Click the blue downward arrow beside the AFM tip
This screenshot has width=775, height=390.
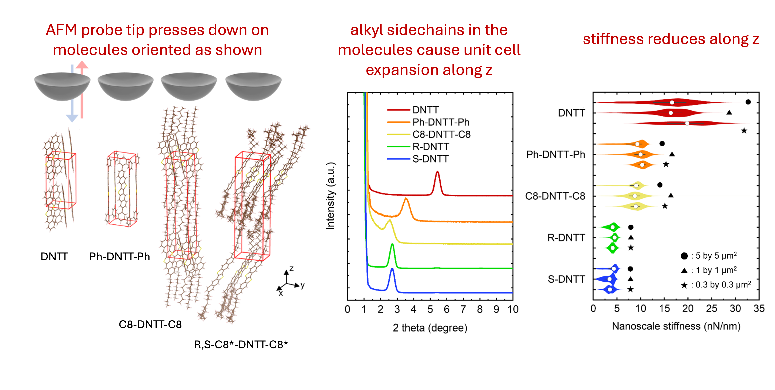pos(72,93)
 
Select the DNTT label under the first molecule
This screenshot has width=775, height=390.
pos(54,257)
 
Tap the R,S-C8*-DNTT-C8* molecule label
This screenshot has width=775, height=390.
pos(241,344)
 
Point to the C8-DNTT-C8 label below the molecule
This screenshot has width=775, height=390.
pos(150,324)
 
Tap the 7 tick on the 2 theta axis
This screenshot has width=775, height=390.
pos(463,309)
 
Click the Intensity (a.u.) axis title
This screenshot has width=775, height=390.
pos(330,196)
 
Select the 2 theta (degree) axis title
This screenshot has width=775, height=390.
pos(430,328)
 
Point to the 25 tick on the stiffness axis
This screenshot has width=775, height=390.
pos(712,308)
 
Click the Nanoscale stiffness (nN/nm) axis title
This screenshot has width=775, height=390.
pos(676,326)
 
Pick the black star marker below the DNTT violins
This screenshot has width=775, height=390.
pos(744,131)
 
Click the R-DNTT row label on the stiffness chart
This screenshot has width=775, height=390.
pos(566,238)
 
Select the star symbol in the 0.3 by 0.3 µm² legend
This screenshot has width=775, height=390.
pos(684,285)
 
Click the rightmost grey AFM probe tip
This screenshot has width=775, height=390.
pos(253,86)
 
